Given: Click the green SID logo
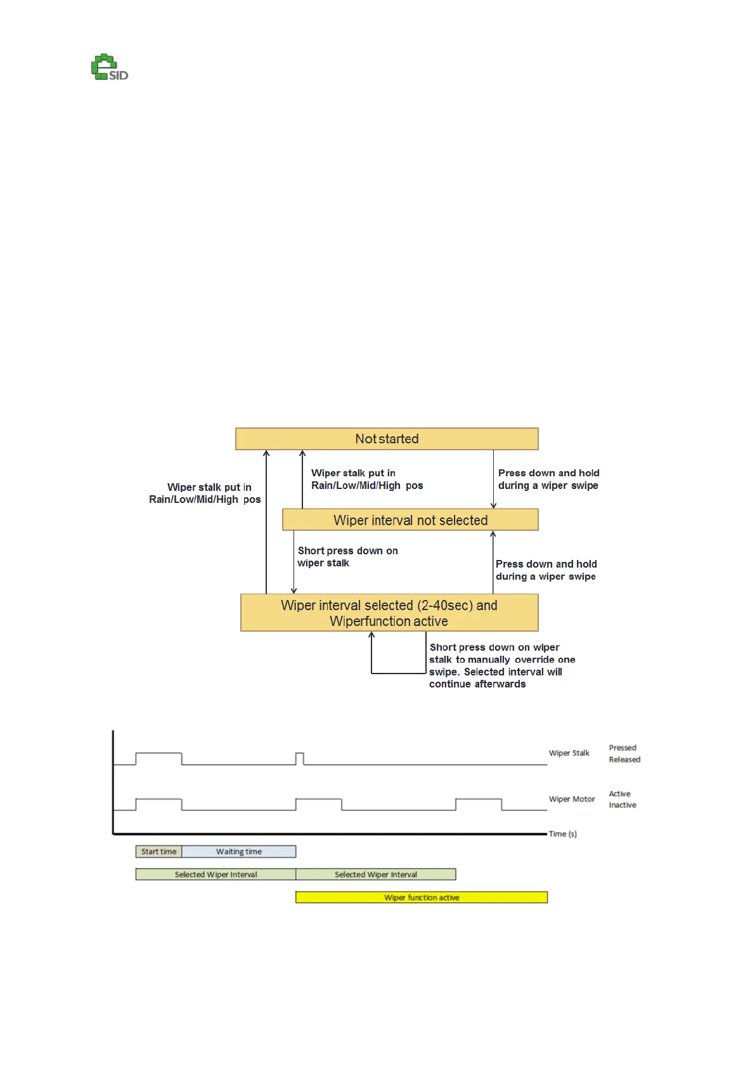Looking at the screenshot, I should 109,68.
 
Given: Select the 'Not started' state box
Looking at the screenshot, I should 387,439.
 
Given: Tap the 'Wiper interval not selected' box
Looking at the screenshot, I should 410,520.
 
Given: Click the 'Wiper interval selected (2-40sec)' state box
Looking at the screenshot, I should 389,613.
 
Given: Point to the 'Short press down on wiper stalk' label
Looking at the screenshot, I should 347,557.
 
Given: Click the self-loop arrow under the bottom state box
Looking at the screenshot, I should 399,672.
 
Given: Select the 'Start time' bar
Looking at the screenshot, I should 158,852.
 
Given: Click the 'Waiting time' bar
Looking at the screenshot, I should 239,852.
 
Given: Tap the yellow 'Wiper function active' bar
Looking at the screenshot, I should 422,897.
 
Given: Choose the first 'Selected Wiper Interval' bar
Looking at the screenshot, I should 216,875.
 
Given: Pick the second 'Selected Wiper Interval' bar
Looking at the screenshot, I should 376,875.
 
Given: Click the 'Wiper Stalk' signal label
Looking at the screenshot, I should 569,753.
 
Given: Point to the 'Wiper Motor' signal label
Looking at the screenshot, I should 571,799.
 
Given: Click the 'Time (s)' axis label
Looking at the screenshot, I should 563,834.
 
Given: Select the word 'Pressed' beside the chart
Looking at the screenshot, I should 623,748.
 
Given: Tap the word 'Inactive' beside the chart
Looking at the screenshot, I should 623,805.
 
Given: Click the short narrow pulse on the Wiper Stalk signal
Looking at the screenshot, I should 300,758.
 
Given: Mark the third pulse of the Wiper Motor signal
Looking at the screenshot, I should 479,804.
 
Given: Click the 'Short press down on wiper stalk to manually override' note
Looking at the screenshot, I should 501,665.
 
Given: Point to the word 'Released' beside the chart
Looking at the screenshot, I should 624,760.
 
